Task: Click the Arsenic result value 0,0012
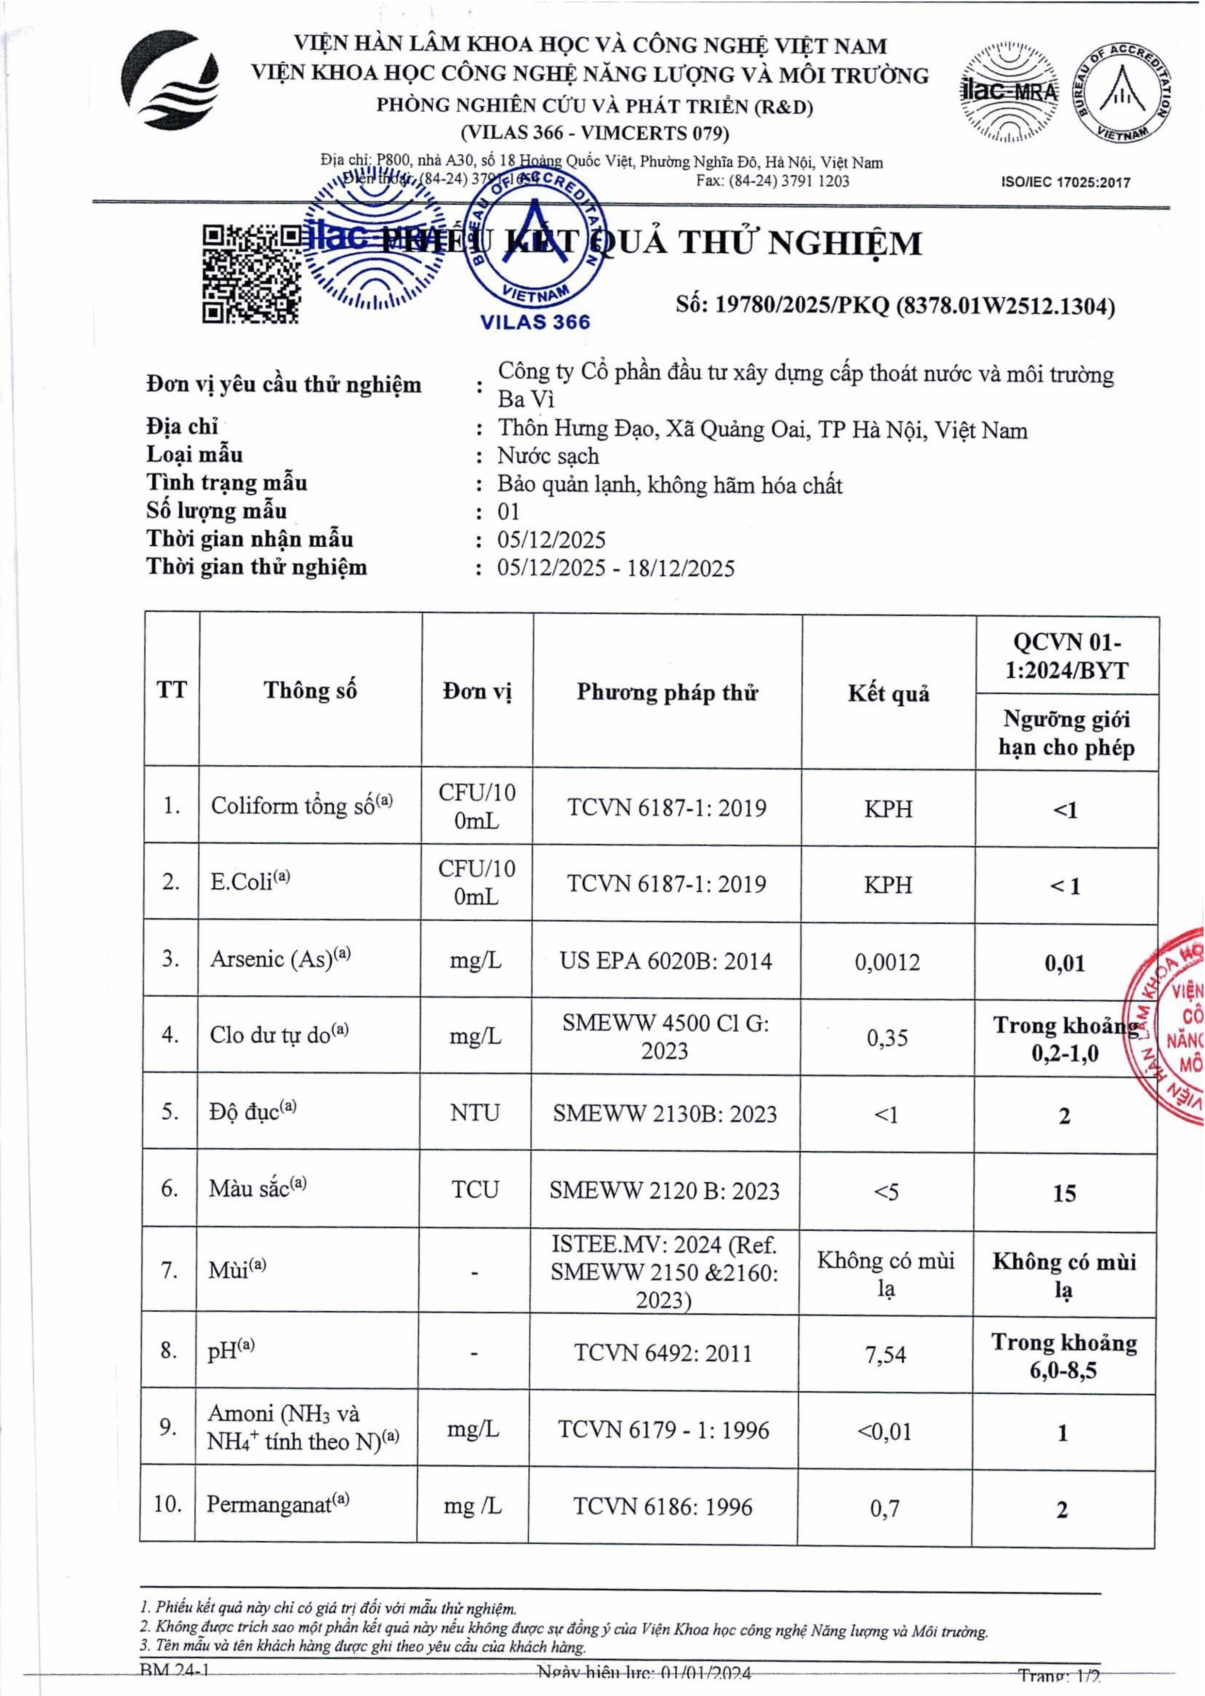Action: [x=887, y=962]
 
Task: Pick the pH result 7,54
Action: [x=886, y=1355]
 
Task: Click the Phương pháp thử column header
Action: [x=667, y=692]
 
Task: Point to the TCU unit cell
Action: [x=475, y=1189]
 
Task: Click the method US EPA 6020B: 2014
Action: [x=666, y=962]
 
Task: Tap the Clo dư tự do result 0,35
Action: [x=887, y=1037]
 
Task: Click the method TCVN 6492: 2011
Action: [x=663, y=1353]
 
